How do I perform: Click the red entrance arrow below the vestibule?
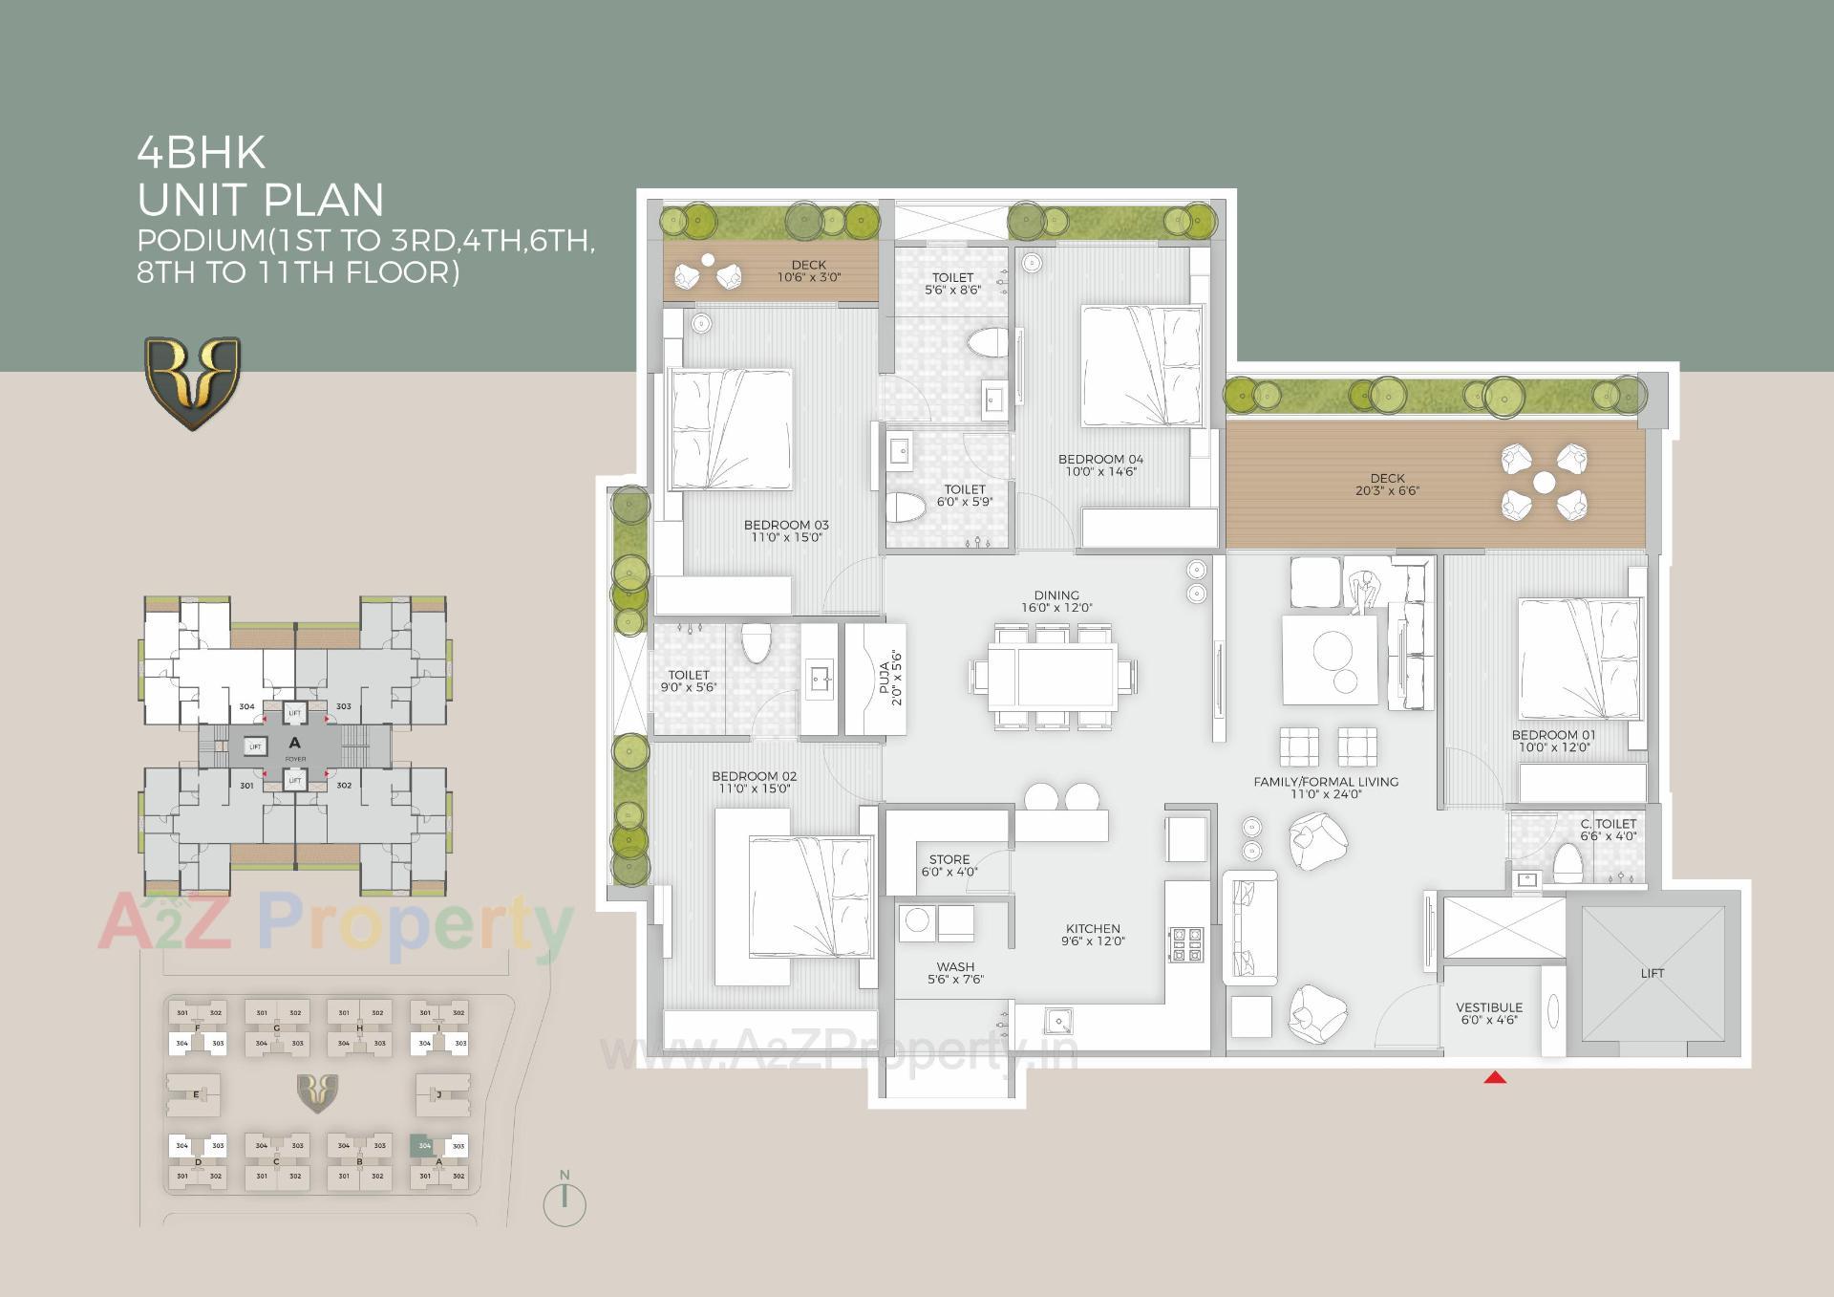tap(1495, 1077)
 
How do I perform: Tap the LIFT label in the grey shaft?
tap(1652, 973)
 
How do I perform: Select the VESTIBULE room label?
tap(1489, 1013)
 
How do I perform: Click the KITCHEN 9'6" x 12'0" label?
tap(1093, 934)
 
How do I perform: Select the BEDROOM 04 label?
tap(1100, 465)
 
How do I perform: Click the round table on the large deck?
tap(1544, 483)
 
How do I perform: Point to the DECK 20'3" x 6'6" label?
tap(1387, 484)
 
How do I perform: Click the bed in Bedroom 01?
tap(1579, 659)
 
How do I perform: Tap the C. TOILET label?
tap(1609, 829)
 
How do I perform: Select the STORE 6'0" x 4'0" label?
tap(949, 865)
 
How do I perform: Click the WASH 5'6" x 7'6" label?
tap(955, 972)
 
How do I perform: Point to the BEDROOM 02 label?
tap(754, 782)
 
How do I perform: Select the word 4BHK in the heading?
tap(202, 152)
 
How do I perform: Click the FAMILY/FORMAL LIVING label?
tap(1325, 787)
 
